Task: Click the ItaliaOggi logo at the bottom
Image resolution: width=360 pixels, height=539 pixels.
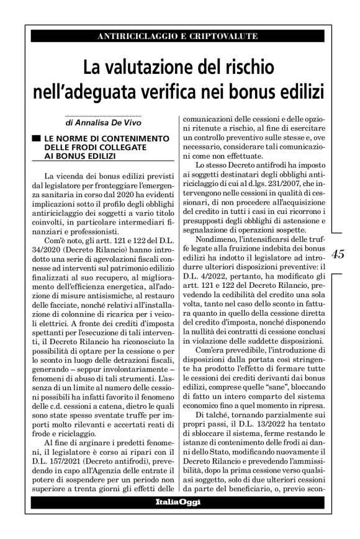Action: (178, 502)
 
